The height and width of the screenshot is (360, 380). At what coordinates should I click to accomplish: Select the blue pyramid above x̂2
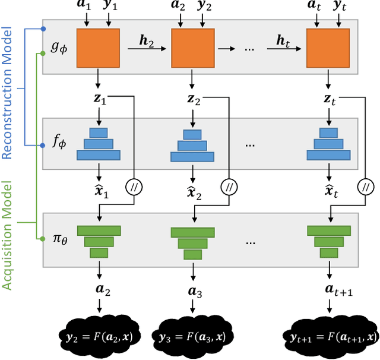pos(191,145)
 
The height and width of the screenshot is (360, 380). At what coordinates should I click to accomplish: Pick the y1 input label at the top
pos(110,8)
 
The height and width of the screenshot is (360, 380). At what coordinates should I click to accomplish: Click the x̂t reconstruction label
pos(328,191)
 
